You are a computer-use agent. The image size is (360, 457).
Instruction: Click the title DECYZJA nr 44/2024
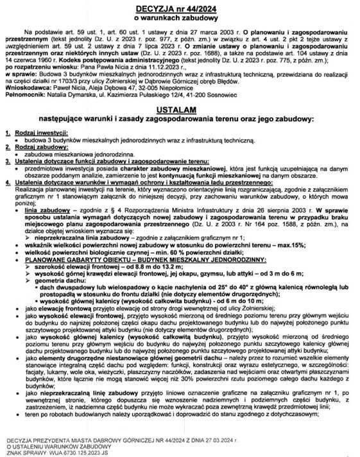pos(180,8)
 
